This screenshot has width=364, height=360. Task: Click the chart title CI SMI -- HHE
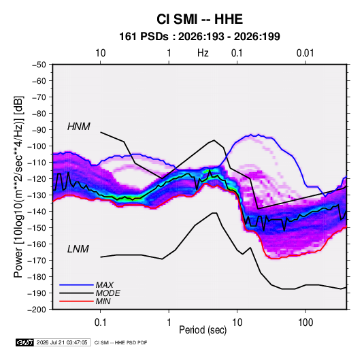pyautogui.click(x=199, y=19)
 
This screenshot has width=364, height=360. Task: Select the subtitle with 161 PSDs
pyautogui.click(x=199, y=37)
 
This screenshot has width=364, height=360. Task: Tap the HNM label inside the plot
pyautogui.click(x=79, y=127)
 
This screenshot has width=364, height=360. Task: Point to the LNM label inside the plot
pyautogui.click(x=78, y=249)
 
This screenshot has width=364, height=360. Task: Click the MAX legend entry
pyautogui.click(x=105, y=285)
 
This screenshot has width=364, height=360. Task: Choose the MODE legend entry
pyautogui.click(x=108, y=293)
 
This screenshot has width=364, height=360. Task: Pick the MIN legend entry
pyautogui.click(x=103, y=301)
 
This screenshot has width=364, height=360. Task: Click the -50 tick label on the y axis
pyautogui.click(x=39, y=65)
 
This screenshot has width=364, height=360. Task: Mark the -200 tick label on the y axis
pyautogui.click(x=37, y=310)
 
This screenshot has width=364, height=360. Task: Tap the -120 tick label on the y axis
pyautogui.click(x=37, y=179)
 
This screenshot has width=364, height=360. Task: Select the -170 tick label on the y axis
pyautogui.click(x=37, y=261)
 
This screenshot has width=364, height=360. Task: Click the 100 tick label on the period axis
pyautogui.click(x=305, y=323)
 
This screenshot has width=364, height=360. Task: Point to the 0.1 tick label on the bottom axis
pyautogui.click(x=100, y=323)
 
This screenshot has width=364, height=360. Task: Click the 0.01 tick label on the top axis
pyautogui.click(x=305, y=53)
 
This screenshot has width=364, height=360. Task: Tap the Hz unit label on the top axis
pyautogui.click(x=203, y=53)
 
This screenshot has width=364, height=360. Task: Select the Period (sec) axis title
pyautogui.click(x=203, y=330)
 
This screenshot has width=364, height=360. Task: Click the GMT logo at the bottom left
pyautogui.click(x=24, y=342)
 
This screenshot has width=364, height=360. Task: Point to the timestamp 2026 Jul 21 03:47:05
pyautogui.click(x=62, y=342)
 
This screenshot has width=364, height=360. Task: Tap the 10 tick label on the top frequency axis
pyautogui.click(x=101, y=53)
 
